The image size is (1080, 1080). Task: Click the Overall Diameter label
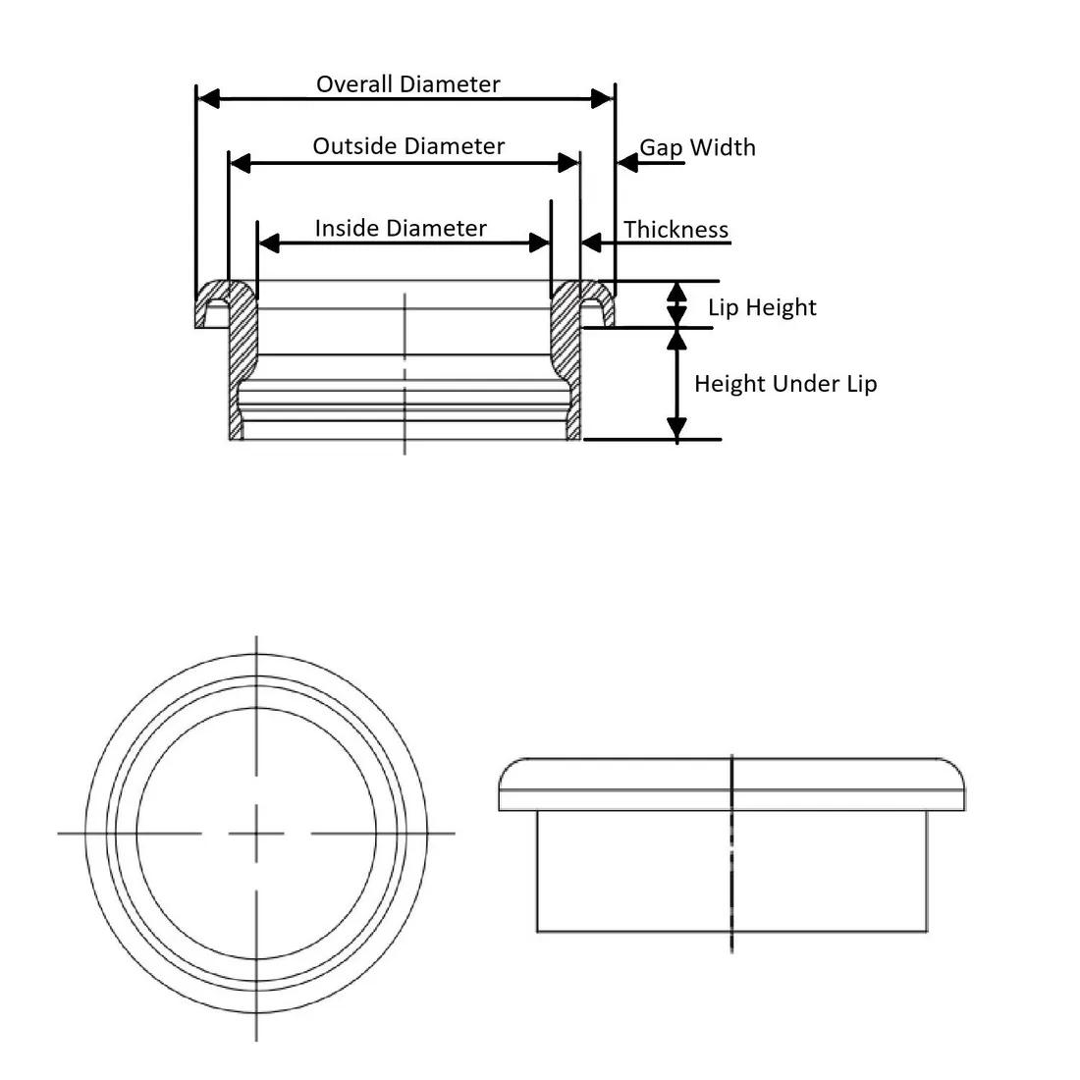[407, 84]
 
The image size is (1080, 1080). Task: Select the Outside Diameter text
[408, 146]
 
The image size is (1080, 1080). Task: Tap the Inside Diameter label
[401, 228]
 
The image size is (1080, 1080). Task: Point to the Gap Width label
[697, 148]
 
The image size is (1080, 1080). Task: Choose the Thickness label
[675, 230]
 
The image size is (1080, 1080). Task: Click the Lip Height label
[762, 307]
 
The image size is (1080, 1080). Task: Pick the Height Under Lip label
[785, 384]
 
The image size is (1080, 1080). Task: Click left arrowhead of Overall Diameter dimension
[209, 98]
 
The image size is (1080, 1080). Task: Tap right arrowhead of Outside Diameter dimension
[568, 163]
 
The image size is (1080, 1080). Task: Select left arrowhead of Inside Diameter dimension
[269, 243]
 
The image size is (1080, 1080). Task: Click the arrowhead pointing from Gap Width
[627, 163]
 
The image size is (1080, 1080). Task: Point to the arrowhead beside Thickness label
[592, 243]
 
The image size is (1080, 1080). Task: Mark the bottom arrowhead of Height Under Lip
[677, 428]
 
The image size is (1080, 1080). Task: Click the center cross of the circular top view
[256, 835]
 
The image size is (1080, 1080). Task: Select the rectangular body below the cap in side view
[731, 871]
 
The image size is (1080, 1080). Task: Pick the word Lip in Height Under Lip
[862, 384]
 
